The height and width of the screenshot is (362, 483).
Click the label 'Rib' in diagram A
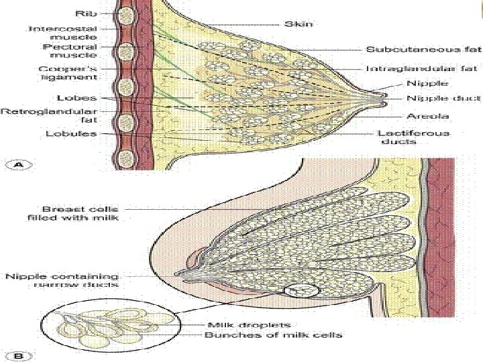(x=85, y=12)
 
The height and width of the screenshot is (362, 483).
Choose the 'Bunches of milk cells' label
(x=272, y=335)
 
